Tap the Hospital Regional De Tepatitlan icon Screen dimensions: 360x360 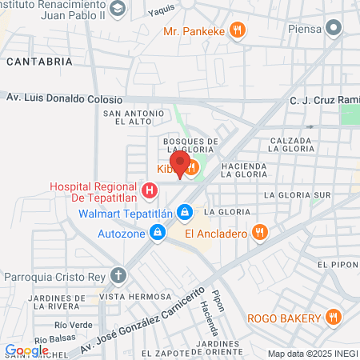coord(149,190)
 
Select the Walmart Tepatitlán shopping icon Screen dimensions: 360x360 coord(185,212)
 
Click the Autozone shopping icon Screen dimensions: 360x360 coord(158,232)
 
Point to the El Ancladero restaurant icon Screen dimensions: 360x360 coord(258,233)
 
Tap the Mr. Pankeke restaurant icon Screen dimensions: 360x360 coord(236,31)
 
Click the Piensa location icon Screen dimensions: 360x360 coord(335,29)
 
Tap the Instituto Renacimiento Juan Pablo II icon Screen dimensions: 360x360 coord(118,9)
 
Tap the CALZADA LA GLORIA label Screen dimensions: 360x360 coord(293,145)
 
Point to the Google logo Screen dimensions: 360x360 coord(26,350)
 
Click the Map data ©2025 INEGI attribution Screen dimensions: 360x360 coord(312,354)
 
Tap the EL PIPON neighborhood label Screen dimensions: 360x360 coord(335,264)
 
